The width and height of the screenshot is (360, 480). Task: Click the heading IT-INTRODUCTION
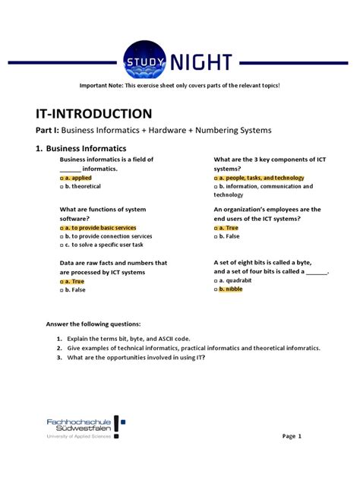[x=94, y=114]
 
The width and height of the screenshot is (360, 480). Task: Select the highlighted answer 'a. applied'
[x=75, y=178]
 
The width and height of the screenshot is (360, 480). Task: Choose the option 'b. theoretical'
[x=80, y=186]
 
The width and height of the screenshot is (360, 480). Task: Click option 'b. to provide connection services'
[x=104, y=235]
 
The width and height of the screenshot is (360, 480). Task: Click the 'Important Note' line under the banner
[x=179, y=85]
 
